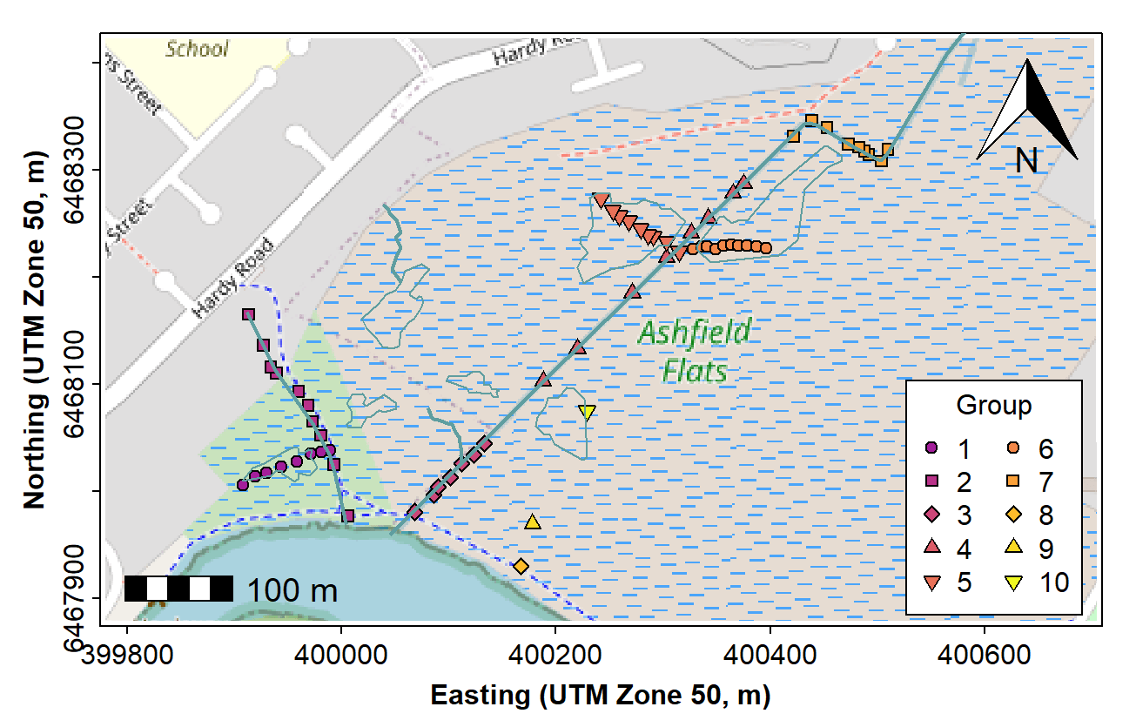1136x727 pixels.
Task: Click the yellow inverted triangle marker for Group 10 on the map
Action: (x=587, y=413)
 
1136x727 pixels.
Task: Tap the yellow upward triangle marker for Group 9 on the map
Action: (x=533, y=522)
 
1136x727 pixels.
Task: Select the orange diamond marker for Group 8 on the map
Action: (x=521, y=566)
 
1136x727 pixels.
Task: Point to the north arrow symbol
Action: (x=1027, y=113)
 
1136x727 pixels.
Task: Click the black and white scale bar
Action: (x=178, y=589)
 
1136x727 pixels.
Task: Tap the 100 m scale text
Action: (x=292, y=590)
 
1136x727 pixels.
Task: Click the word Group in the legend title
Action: (x=993, y=406)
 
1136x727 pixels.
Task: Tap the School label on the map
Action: (x=197, y=49)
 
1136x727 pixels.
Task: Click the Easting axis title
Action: (x=601, y=695)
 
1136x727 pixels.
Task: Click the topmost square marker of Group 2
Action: (x=248, y=314)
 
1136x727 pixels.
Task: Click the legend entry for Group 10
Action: (x=1040, y=582)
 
